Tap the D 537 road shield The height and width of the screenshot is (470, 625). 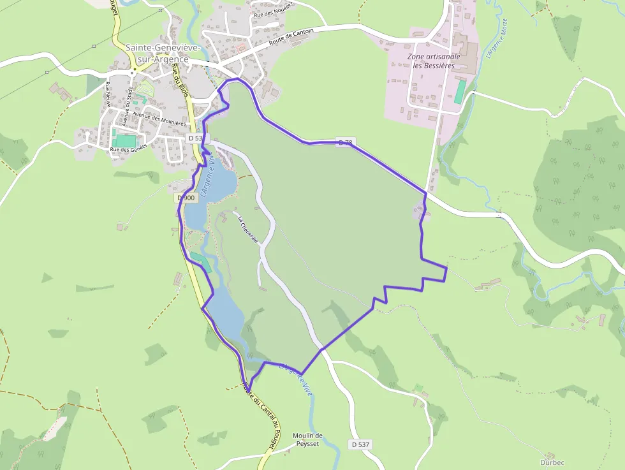tap(360, 444)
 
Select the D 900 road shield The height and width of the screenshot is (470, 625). tap(185, 198)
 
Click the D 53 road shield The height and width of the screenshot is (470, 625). tap(196, 138)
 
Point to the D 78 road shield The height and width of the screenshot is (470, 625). tap(345, 142)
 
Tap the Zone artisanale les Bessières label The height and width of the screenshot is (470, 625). tap(434, 61)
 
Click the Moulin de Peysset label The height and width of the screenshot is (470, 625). tap(307, 439)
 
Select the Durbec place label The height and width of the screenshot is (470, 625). tap(552, 462)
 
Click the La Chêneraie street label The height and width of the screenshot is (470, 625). tap(248, 230)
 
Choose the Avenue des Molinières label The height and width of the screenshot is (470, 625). tap(159, 119)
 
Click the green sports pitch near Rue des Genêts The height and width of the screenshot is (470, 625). tap(125, 140)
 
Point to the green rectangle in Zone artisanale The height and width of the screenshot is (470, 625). tap(460, 92)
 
